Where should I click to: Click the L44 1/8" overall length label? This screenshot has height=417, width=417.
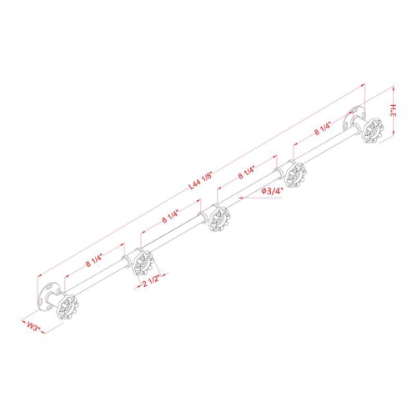click(x=200, y=181)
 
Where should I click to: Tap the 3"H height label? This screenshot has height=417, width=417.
click(x=394, y=110)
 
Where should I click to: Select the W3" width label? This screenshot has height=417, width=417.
click(x=33, y=326)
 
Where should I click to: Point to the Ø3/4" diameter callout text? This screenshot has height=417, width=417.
click(x=273, y=191)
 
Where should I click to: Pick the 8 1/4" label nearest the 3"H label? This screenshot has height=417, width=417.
click(x=323, y=129)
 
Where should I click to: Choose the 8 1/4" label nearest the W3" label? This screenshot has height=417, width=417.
click(x=94, y=260)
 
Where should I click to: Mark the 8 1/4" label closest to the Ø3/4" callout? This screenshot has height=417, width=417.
click(x=246, y=173)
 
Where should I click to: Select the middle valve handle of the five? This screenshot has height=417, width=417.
click(x=219, y=219)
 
